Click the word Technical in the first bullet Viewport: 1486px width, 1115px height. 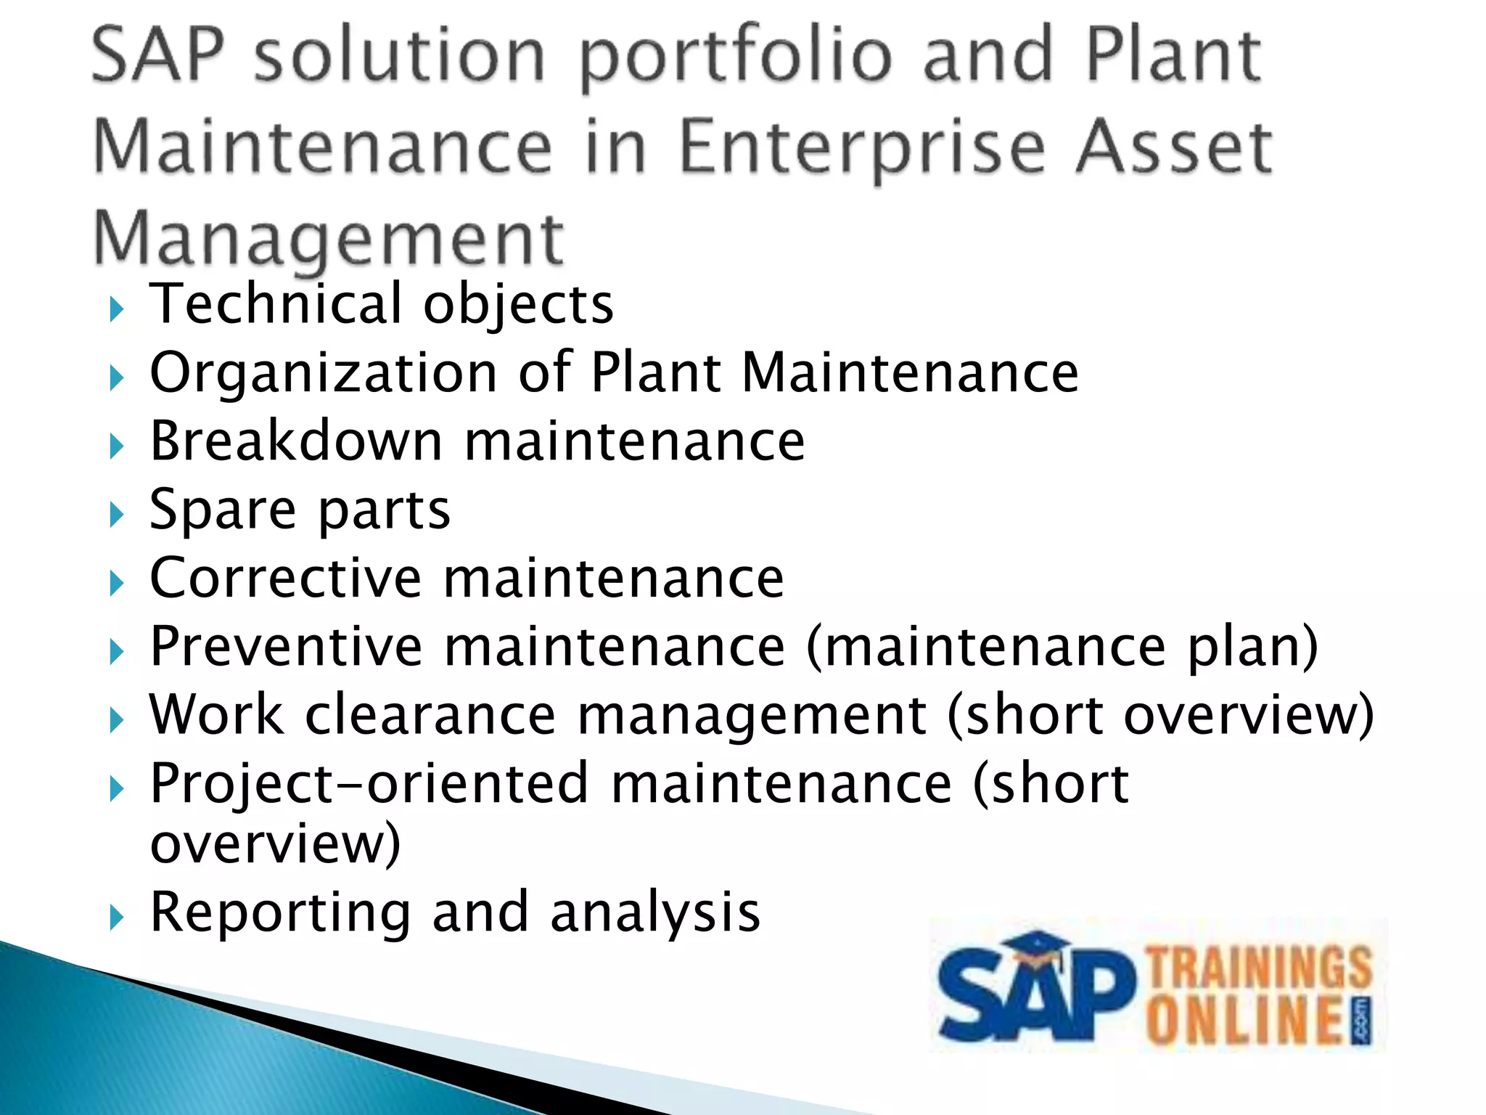(x=276, y=303)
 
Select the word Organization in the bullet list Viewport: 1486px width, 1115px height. (x=323, y=372)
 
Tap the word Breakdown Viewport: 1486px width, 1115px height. (x=296, y=441)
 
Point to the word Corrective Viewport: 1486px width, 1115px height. (x=285, y=578)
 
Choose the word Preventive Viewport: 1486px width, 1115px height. (x=286, y=646)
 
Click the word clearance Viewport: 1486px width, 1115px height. (x=430, y=715)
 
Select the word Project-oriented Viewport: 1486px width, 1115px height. (x=369, y=784)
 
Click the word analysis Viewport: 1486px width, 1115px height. (x=655, y=912)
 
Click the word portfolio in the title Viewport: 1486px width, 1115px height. (x=736, y=57)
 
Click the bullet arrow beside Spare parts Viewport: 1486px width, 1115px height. (x=116, y=515)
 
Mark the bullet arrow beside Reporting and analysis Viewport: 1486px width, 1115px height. (x=116, y=918)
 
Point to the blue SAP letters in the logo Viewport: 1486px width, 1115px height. (x=1034, y=998)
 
